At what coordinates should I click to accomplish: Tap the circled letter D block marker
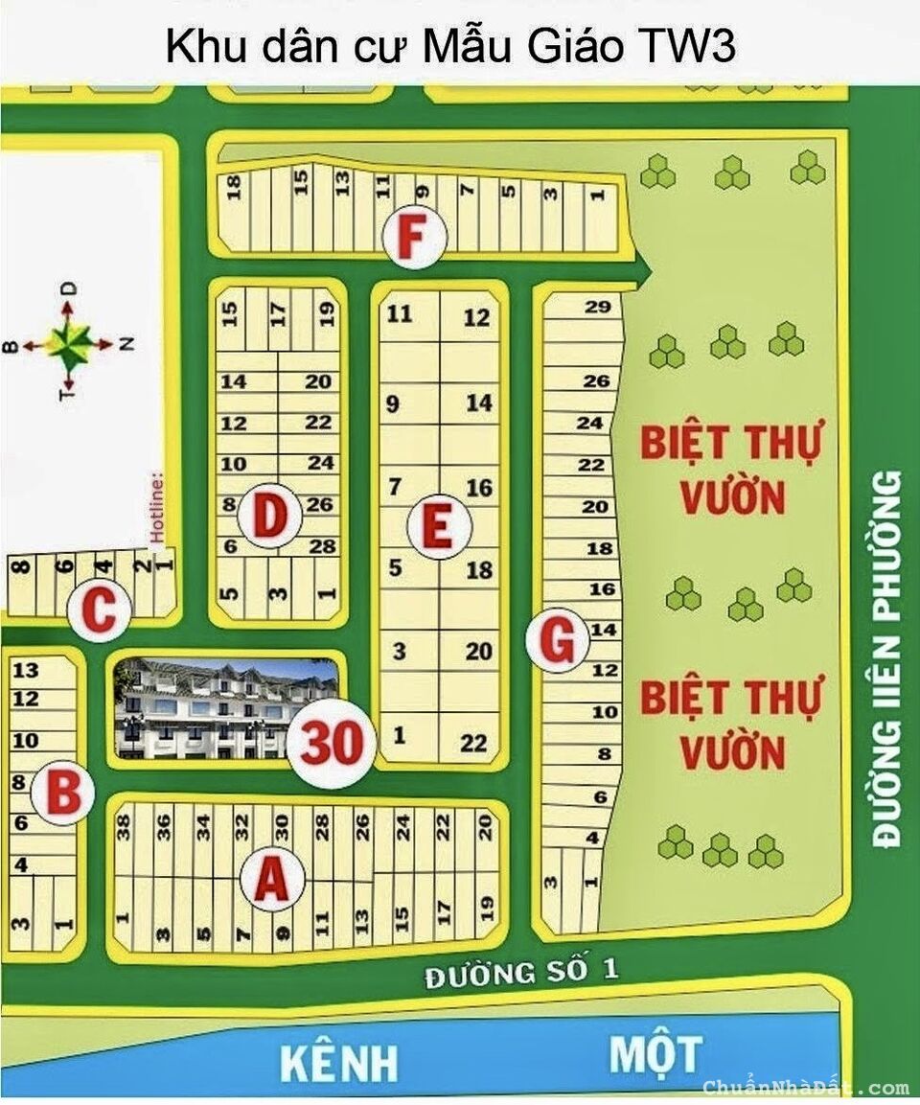tap(270, 517)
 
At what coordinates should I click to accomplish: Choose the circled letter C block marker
tap(99, 610)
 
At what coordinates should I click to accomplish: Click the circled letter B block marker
tap(62, 794)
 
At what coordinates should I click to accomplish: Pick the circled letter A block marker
tap(272, 880)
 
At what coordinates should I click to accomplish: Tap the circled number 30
tap(332, 742)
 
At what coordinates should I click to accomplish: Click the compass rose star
tap(70, 341)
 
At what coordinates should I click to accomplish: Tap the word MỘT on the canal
tap(655, 1054)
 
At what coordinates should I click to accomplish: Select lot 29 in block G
tap(596, 307)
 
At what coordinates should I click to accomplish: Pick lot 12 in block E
tap(476, 318)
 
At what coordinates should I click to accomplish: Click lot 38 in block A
tap(123, 827)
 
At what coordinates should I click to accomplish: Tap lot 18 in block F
tap(234, 184)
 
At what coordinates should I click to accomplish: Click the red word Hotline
tap(158, 504)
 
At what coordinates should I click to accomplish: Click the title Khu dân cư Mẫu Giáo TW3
tap(450, 46)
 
